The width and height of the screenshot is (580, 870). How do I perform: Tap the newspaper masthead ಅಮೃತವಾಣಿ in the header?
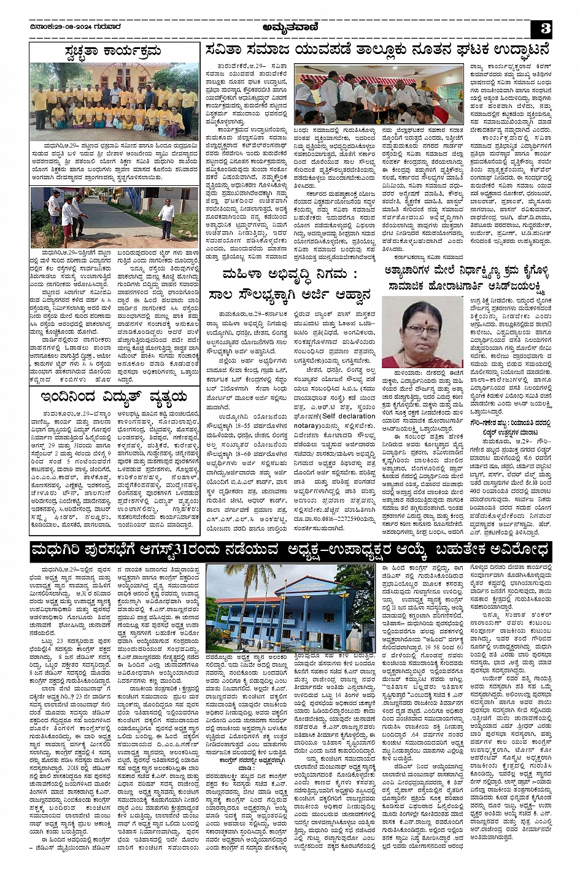click(288, 26)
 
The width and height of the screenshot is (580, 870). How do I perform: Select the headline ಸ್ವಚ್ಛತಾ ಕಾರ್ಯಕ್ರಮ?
click(115, 51)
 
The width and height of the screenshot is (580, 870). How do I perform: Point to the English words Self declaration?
click(350, 415)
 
